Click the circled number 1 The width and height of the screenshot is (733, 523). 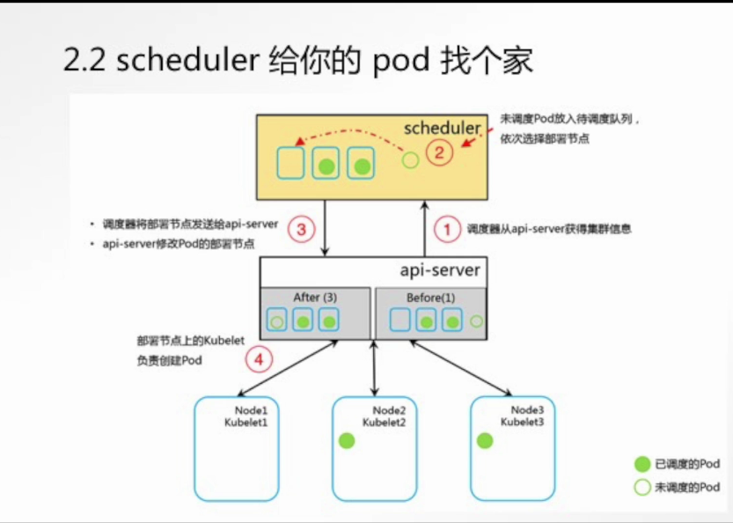[x=447, y=230]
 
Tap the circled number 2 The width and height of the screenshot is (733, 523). [x=440, y=152]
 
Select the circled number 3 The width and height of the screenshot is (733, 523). [x=302, y=230]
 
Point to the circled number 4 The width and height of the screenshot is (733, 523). [x=258, y=358]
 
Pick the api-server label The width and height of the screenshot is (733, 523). [x=441, y=269]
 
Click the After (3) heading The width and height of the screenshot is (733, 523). [x=315, y=298]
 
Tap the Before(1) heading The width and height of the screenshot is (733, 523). [x=430, y=298]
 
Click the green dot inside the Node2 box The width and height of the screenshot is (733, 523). [x=347, y=441]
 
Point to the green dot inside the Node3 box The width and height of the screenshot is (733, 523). [x=483, y=439]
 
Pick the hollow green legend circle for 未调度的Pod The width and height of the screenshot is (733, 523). [x=641, y=487]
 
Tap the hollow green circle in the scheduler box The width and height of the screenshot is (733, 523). [x=410, y=160]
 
